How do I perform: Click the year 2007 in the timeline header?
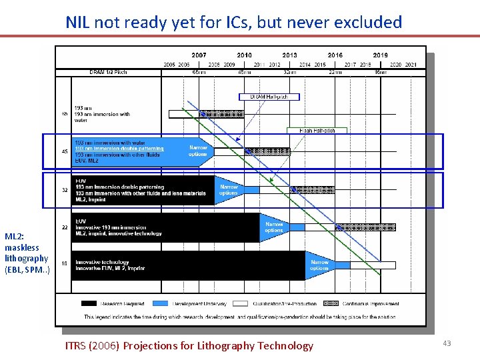pyautogui.click(x=199, y=55)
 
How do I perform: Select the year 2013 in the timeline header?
pyautogui.click(x=289, y=55)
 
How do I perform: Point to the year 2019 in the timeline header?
pyautogui.click(x=380, y=55)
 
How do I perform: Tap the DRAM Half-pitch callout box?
pyautogui.click(x=269, y=97)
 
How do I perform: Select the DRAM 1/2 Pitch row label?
pyautogui.click(x=108, y=72)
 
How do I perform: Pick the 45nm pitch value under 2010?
pyautogui.click(x=244, y=72)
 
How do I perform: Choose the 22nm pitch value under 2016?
pyautogui.click(x=335, y=72)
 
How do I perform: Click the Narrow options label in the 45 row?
pyautogui.click(x=198, y=151)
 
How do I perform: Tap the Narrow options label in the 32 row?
pyautogui.click(x=229, y=190)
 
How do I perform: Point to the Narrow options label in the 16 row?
pyautogui.click(x=319, y=265)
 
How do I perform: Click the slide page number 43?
pyautogui.click(x=447, y=343)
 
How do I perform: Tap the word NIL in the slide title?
pyautogui.click(x=79, y=22)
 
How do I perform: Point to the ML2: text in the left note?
pyautogui.click(x=14, y=237)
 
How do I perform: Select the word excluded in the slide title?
pyautogui.click(x=368, y=22)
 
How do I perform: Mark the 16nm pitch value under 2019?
pyautogui.click(x=380, y=72)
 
